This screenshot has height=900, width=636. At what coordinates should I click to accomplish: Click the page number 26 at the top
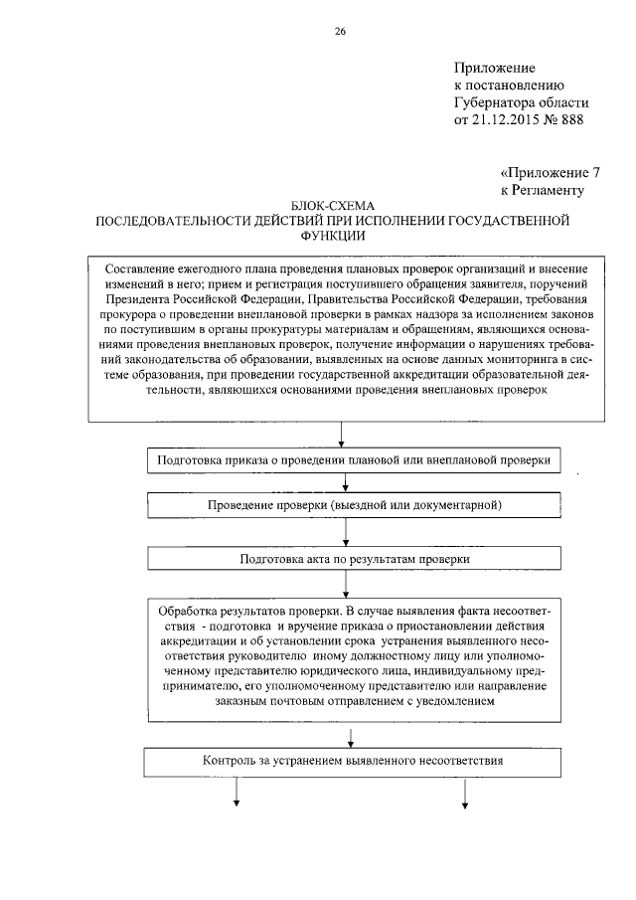(x=341, y=32)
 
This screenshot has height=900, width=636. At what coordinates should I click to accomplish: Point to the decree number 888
(x=570, y=120)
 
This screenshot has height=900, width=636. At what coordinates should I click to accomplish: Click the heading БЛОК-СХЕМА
(x=340, y=204)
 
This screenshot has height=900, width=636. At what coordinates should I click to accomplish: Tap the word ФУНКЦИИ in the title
(x=340, y=236)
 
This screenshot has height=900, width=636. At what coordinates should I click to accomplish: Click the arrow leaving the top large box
(x=343, y=434)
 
